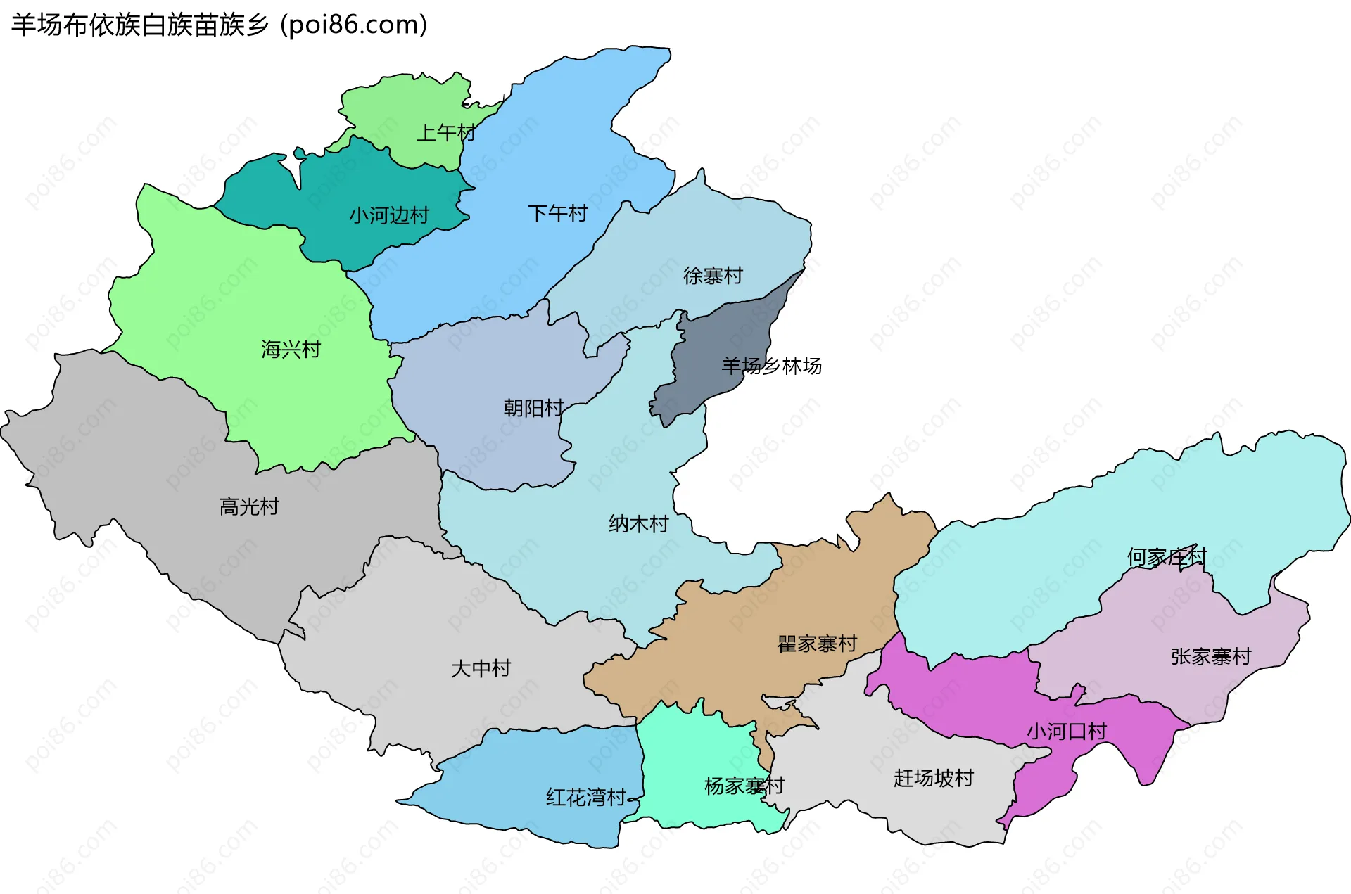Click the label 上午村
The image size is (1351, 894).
[446, 132]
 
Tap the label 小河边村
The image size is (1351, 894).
[389, 215]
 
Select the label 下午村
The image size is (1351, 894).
[558, 213]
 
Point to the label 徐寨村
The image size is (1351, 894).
[713, 276]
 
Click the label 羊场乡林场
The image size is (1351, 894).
[771, 366]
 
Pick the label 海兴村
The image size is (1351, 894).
[291, 349]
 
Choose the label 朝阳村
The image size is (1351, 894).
[533, 408]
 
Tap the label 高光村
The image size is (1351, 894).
[249, 506]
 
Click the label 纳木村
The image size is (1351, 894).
[638, 524]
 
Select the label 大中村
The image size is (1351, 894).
[481, 668]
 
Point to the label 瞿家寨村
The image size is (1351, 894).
[817, 644]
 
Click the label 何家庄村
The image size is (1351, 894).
[1167, 557]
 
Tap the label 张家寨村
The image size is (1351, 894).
[1211, 656]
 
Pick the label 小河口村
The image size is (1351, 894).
[1067, 732]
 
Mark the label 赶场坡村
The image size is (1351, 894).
[933, 778]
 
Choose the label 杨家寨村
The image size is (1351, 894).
[744, 786]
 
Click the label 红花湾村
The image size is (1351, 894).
[586, 797]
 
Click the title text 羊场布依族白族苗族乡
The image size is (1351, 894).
[140, 25]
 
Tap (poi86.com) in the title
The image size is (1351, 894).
[354, 25]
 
